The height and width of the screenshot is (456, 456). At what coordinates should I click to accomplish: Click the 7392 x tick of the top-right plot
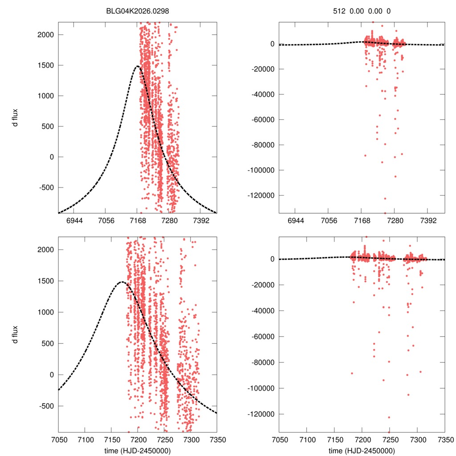tap(428, 220)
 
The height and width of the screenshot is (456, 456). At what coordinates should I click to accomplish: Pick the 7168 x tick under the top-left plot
tap(138, 220)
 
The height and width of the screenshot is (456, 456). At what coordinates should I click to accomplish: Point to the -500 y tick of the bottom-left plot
tap(47, 406)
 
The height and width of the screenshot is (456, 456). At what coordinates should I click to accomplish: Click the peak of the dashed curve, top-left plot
tap(138, 66)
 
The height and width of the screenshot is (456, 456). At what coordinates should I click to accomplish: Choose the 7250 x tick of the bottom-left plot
tap(164, 439)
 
